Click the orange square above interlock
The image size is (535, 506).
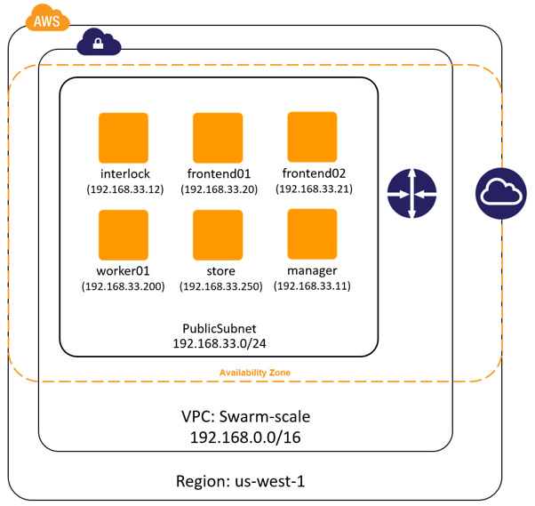(124, 138)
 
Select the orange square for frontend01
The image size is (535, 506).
(218, 138)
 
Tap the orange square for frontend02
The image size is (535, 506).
(312, 137)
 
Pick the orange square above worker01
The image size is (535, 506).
(124, 235)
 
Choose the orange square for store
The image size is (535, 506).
(218, 235)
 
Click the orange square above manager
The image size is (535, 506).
(312, 234)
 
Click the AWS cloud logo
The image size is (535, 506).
(48, 19)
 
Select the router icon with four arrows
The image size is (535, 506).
(411, 194)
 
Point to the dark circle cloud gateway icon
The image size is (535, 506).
(500, 193)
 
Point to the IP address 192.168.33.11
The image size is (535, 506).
(312, 285)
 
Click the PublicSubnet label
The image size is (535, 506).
(219, 328)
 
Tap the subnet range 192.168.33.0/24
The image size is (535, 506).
(219, 343)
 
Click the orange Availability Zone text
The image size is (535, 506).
(255, 372)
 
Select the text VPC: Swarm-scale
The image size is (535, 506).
(244, 417)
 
